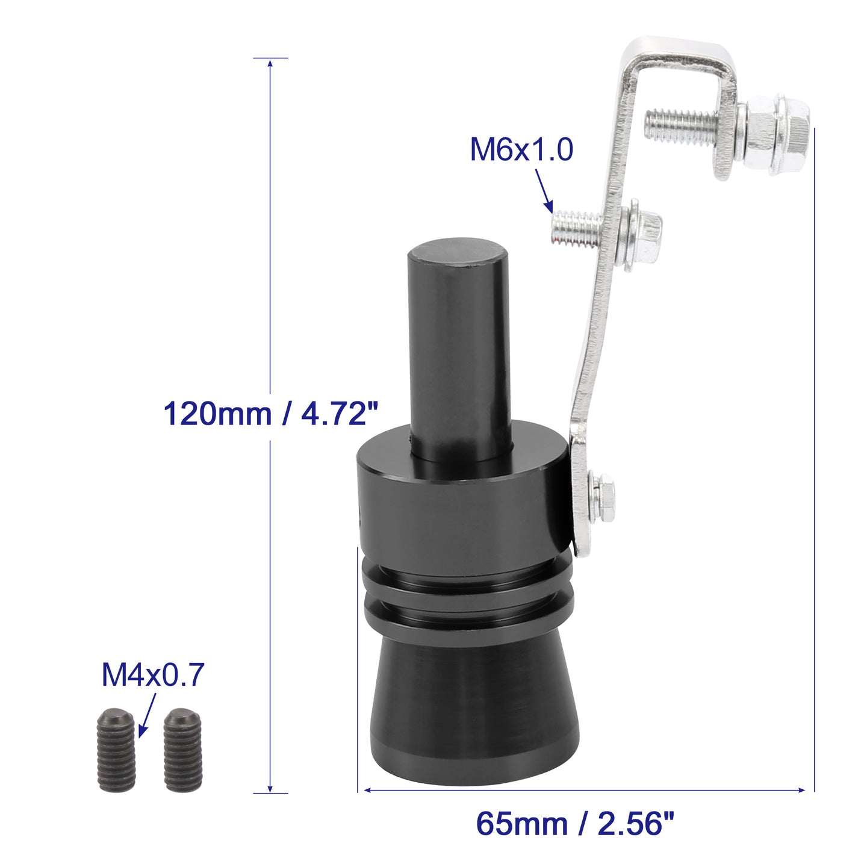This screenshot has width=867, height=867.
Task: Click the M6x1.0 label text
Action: tap(521, 150)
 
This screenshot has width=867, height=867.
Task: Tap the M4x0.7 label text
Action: tap(153, 674)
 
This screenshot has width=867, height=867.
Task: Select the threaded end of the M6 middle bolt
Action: tap(576, 229)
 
